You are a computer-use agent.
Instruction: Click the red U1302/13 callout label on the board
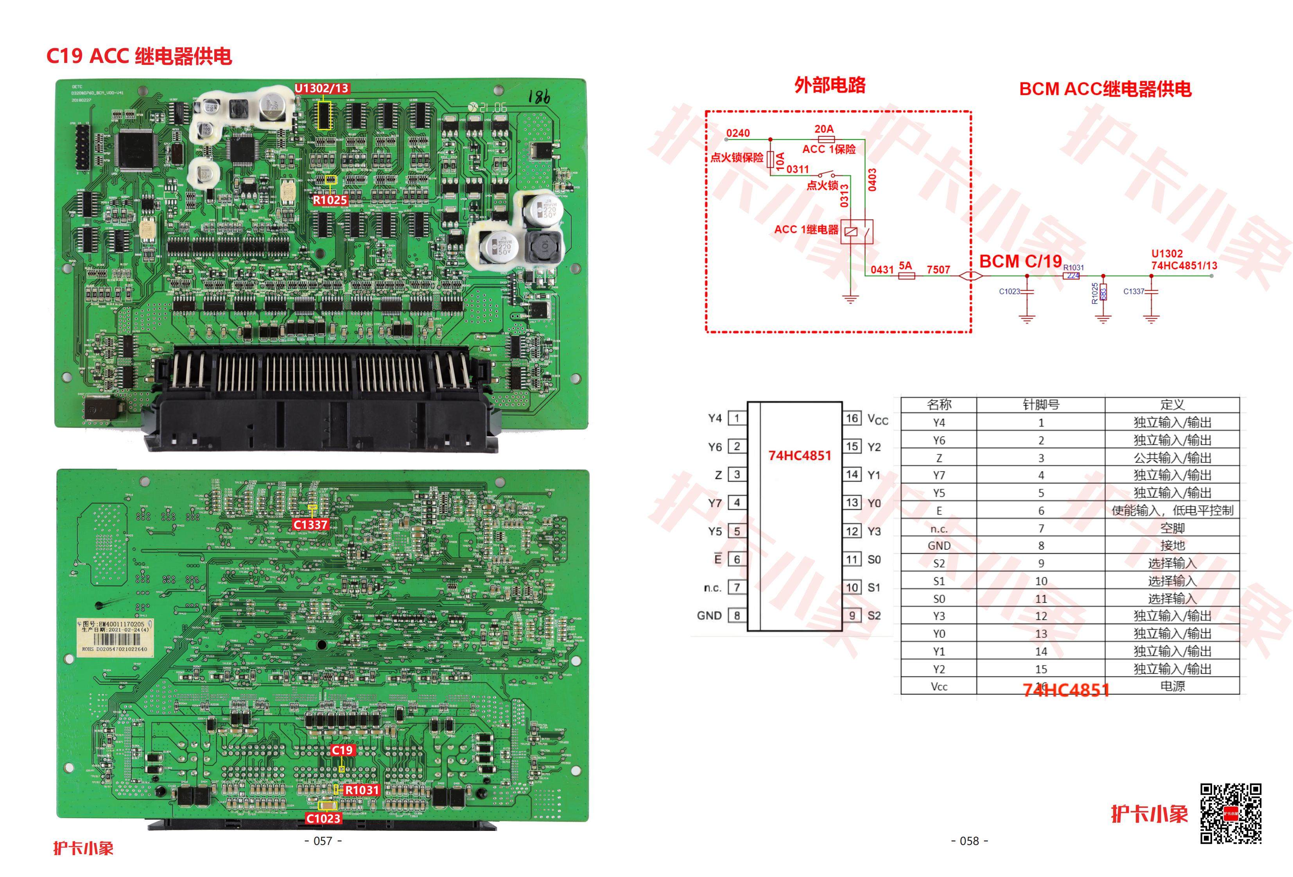point(321,88)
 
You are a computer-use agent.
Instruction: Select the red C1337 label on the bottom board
point(310,524)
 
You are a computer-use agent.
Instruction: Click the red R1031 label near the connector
point(362,790)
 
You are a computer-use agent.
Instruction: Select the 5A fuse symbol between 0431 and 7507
point(906,275)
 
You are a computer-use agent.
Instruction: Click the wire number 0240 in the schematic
point(738,133)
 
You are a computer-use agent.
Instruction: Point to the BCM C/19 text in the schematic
point(1020,261)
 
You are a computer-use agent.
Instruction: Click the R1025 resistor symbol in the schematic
point(1103,292)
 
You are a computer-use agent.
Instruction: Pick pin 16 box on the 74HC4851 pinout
point(852,418)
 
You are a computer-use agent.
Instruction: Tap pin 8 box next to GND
point(737,616)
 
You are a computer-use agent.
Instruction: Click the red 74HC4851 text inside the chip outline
point(800,455)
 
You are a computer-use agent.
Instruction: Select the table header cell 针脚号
point(1040,404)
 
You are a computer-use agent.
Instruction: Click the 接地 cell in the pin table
point(1172,546)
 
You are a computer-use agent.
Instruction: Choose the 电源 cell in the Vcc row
point(1172,686)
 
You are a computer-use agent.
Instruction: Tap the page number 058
point(969,841)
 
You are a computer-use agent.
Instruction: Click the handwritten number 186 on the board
point(538,98)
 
